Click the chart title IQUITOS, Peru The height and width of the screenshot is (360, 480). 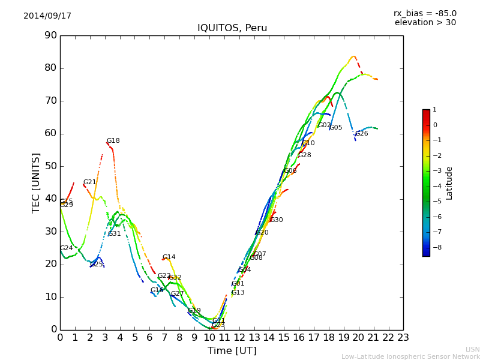point(232,28)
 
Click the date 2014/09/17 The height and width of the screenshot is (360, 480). point(47,16)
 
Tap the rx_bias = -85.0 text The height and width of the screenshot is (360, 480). point(425,13)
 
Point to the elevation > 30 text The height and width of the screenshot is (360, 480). point(425,23)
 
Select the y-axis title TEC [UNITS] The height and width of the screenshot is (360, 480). point(36,182)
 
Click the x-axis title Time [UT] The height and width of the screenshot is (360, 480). point(232,351)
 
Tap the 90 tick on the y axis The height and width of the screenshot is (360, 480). point(50,35)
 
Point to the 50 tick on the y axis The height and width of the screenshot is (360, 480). point(50,166)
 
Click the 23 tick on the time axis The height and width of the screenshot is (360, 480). point(403,338)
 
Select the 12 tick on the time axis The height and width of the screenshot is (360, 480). point(239,338)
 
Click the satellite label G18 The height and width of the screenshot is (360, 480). point(113,141)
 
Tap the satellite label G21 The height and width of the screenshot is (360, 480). point(89,182)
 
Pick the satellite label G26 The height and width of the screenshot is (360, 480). point(361,134)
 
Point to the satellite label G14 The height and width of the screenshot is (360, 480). point(169,257)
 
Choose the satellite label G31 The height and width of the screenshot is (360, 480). point(115,234)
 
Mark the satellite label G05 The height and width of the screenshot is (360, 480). point(336,128)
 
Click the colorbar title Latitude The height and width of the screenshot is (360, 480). point(449,183)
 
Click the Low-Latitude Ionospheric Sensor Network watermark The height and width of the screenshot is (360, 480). point(410,357)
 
